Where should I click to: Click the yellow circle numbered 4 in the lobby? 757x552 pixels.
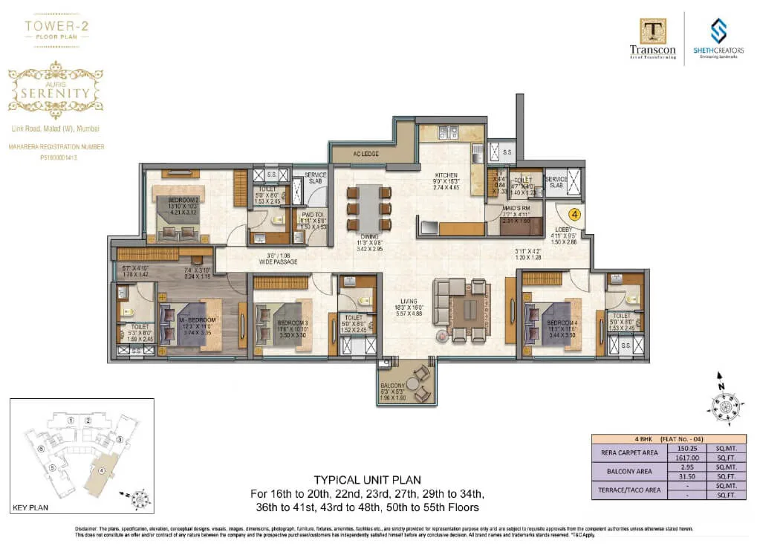pos(574,212)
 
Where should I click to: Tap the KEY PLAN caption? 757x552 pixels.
pos(30,508)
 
